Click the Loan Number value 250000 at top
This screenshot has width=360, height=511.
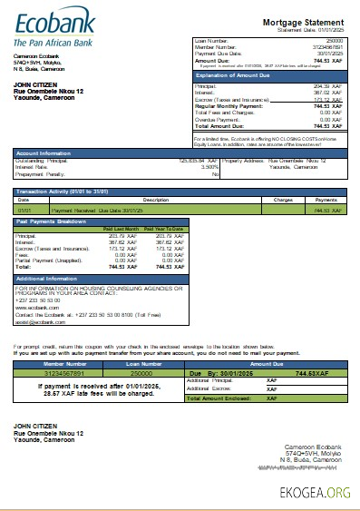point(335,41)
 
